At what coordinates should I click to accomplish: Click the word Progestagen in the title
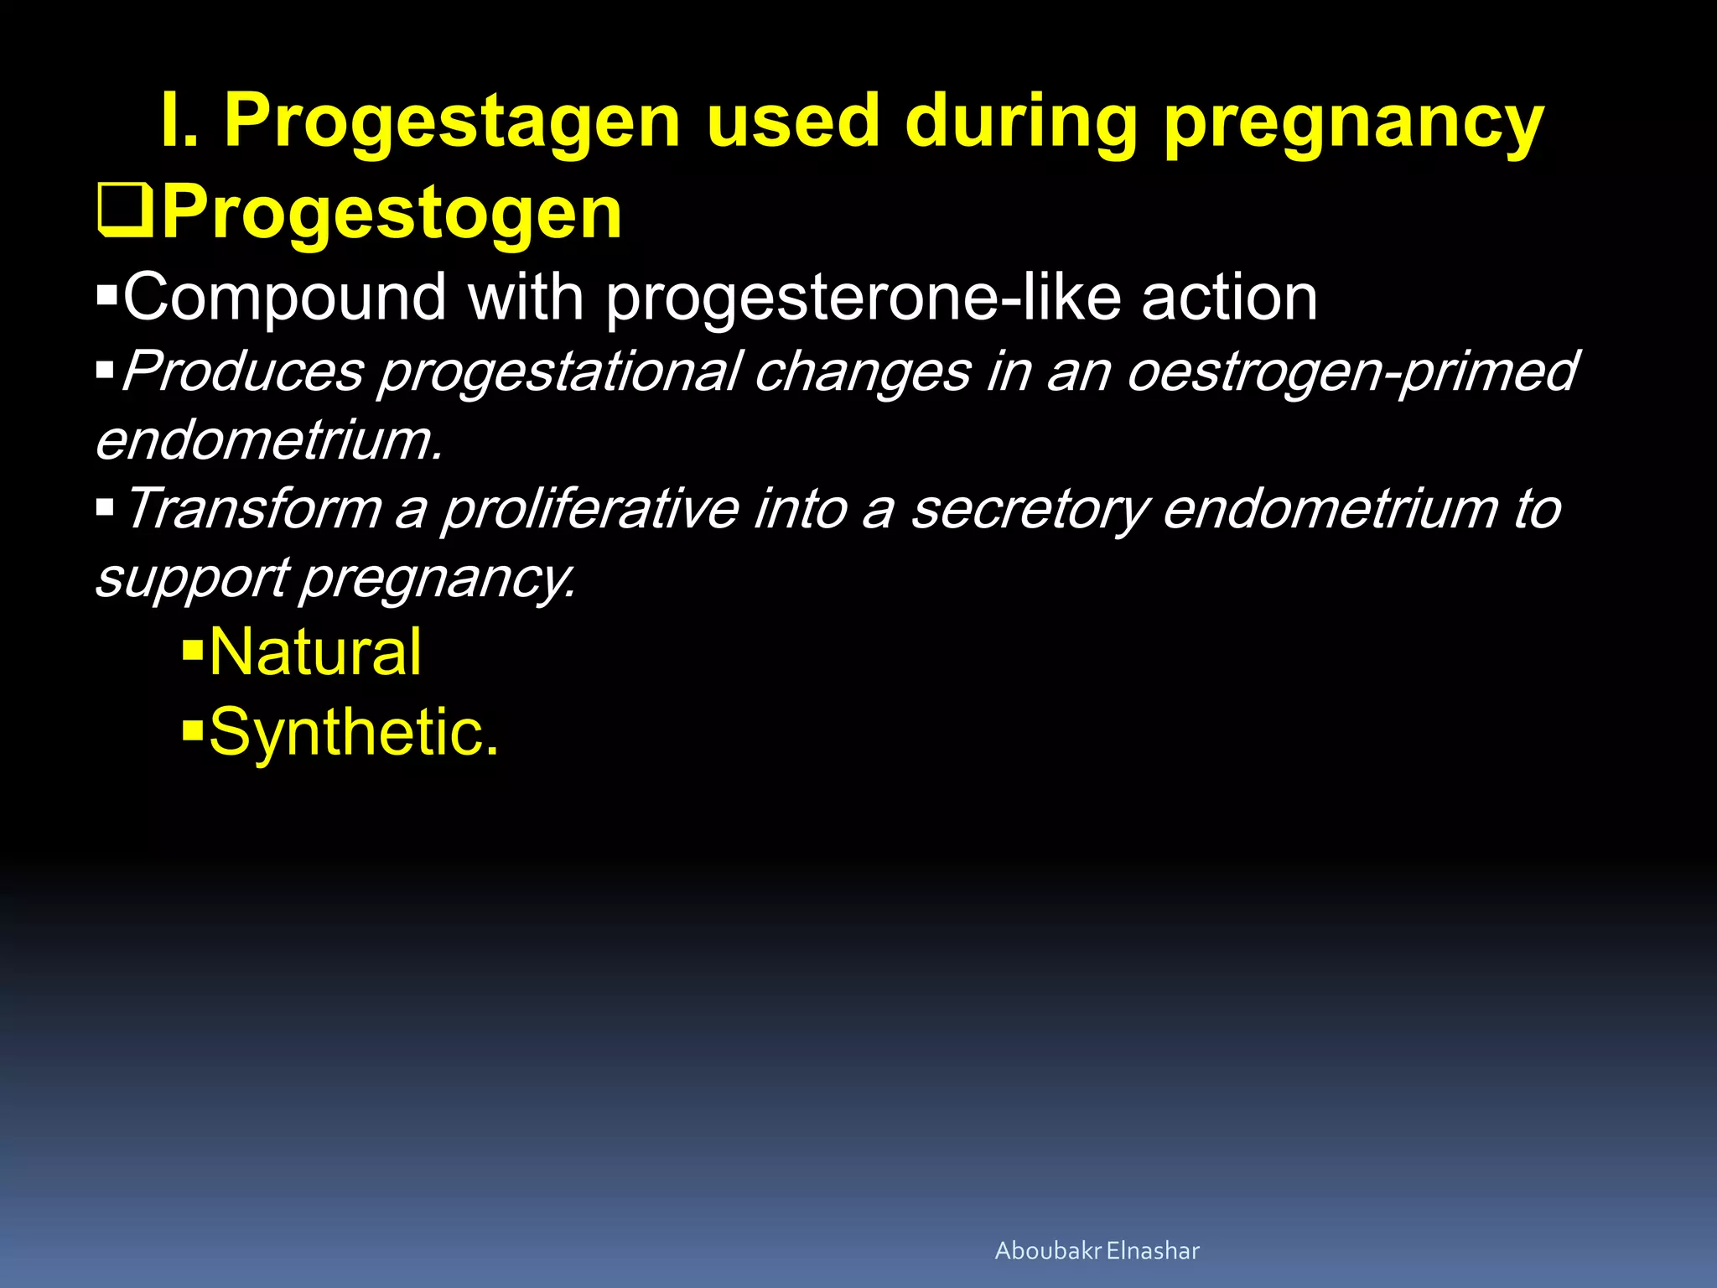[x=452, y=124]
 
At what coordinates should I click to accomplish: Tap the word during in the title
[x=1019, y=122]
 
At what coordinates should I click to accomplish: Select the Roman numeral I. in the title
[x=179, y=122]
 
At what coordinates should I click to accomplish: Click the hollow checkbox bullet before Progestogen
[x=126, y=212]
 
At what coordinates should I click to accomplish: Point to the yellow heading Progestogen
[x=392, y=215]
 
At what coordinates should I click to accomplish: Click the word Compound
[x=284, y=298]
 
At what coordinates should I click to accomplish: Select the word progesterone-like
[x=863, y=299]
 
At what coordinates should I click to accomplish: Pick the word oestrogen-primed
[x=1351, y=372]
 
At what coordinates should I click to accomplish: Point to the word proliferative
[x=590, y=509]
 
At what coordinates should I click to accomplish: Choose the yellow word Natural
[x=315, y=652]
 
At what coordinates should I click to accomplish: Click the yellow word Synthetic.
[x=353, y=732]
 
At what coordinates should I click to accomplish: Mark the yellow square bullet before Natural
[x=193, y=648]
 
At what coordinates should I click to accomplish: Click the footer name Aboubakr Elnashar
[x=1097, y=1251]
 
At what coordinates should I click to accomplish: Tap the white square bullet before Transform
[x=105, y=506]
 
